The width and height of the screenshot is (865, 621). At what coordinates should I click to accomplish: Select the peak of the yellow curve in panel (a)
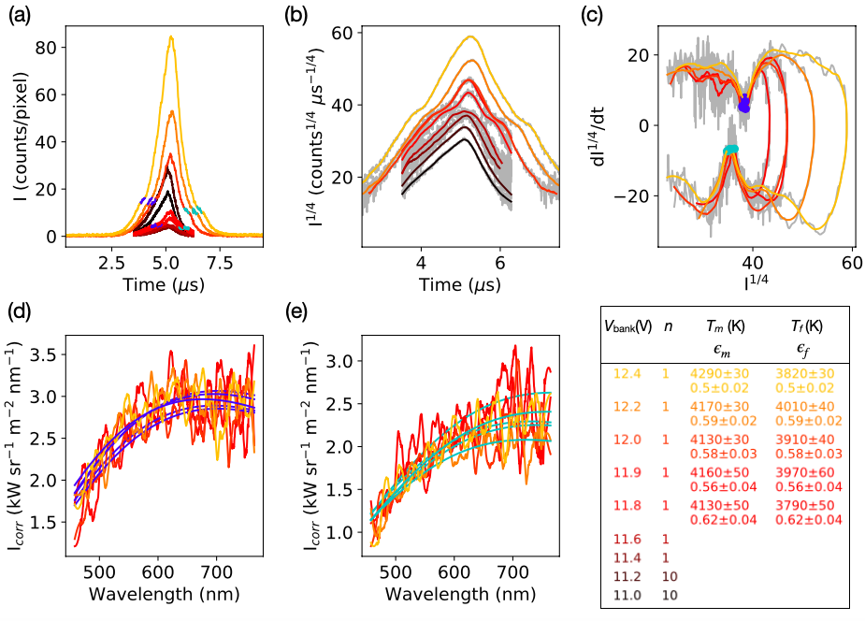click(170, 37)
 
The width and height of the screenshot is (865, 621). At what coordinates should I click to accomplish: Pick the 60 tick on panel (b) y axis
click(347, 32)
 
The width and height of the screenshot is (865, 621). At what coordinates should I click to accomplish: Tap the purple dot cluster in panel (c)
click(744, 104)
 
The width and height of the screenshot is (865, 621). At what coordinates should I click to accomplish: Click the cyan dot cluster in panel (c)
click(731, 150)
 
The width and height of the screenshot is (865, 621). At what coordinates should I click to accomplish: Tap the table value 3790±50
click(796, 506)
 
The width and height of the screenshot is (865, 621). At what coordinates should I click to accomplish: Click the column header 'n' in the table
click(667, 326)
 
